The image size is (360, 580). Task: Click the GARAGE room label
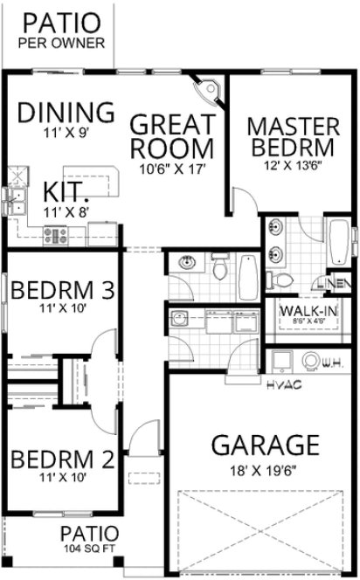[265, 445]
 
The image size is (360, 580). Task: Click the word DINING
[66, 113]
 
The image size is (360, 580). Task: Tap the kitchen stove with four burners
[56, 233]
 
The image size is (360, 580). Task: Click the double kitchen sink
[14, 200]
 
